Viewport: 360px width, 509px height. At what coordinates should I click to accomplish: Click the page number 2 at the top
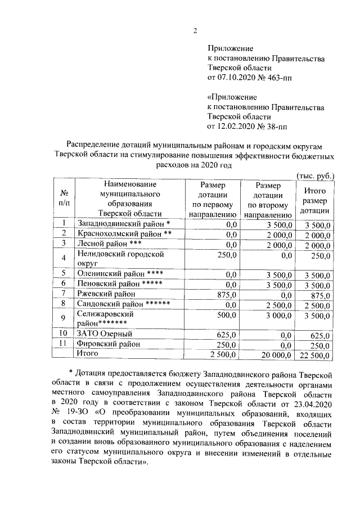[195, 30]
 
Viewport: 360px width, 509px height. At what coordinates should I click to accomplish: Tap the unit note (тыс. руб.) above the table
[315, 175]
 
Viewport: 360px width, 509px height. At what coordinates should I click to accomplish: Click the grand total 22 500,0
[317, 354]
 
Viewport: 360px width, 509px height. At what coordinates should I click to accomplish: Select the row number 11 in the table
[64, 344]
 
